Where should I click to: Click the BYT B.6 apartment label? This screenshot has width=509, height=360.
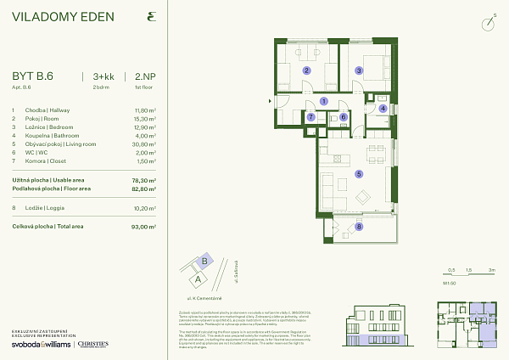(x=32, y=76)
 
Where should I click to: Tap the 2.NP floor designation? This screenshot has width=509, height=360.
(x=143, y=76)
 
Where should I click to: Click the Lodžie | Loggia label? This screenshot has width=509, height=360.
(x=48, y=207)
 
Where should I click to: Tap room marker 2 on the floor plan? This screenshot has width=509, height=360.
(x=307, y=71)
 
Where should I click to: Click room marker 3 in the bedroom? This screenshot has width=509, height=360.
(x=359, y=71)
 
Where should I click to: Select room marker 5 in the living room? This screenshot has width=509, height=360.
(x=359, y=174)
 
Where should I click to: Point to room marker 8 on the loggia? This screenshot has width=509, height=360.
(x=359, y=227)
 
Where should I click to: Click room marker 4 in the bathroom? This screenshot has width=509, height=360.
(x=383, y=109)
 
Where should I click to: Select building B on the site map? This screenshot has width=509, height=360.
(x=204, y=262)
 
